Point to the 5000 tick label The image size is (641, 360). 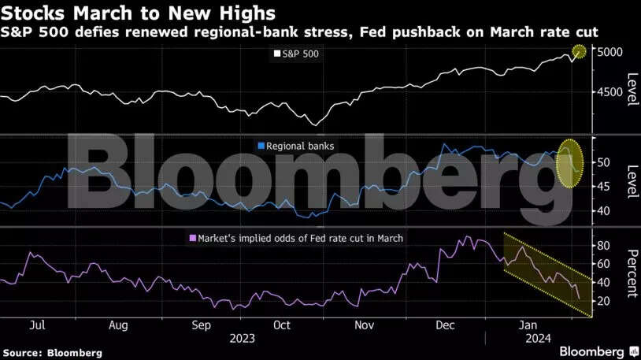click(x=610, y=52)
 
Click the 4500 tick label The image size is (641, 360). click(x=610, y=92)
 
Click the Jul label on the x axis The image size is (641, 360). click(x=35, y=324)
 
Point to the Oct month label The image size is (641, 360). click(x=280, y=324)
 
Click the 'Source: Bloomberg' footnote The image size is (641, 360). click(x=52, y=353)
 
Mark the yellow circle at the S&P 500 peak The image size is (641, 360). click(x=579, y=52)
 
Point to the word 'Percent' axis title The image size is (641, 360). click(x=630, y=273)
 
